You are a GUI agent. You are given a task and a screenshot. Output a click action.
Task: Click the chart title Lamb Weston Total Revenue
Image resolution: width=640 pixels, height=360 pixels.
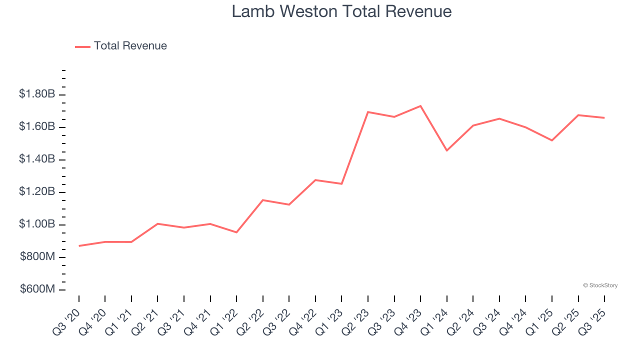[341, 11]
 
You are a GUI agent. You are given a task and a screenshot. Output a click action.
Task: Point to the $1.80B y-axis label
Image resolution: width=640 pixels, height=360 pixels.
[37, 94]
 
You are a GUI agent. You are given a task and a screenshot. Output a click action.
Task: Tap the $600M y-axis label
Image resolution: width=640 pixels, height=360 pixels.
[37, 289]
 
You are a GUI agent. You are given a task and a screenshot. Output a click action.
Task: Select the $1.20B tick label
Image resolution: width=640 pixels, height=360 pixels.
[37, 192]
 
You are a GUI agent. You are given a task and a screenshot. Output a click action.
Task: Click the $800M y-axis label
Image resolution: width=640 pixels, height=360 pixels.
[37, 257]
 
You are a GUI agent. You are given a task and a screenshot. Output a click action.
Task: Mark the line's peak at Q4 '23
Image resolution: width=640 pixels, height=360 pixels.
[420, 106]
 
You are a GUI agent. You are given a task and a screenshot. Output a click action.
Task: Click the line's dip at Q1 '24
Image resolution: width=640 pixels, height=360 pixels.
[446, 150]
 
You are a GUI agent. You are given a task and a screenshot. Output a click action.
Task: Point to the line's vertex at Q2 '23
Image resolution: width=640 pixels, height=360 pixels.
[368, 112]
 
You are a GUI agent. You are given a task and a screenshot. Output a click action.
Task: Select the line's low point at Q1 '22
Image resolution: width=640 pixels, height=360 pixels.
[236, 232]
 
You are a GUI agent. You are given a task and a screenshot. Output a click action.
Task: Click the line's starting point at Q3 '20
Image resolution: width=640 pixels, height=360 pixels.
[79, 246]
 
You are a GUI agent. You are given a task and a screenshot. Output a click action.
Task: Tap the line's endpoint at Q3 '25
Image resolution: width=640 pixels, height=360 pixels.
[604, 118]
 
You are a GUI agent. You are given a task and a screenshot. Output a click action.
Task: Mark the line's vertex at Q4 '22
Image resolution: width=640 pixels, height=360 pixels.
[315, 180]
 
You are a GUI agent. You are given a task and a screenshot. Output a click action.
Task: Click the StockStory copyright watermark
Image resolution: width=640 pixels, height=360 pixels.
[600, 285]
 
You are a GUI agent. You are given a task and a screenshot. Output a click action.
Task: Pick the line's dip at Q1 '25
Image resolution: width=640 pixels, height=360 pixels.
[551, 140]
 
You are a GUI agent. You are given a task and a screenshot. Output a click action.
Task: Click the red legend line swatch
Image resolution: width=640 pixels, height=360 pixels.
[82, 46]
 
